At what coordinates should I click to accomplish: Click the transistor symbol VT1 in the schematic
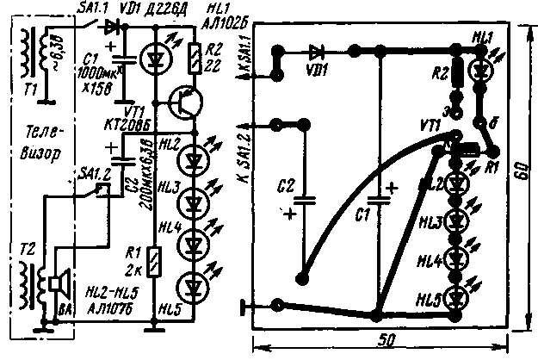tap(182, 102)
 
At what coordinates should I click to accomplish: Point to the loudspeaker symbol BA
tap(59, 284)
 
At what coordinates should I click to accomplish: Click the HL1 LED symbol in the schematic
tap(154, 56)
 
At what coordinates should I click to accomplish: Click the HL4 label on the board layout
tap(430, 260)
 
